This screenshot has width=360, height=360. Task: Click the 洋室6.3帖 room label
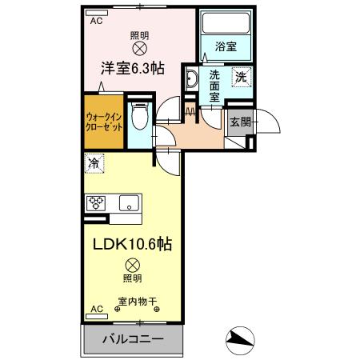[133, 69]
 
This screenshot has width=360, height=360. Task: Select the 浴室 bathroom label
[225, 46]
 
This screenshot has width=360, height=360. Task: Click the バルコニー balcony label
[133, 339]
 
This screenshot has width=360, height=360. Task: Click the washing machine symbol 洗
[241, 78]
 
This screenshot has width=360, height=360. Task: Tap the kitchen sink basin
[128, 202]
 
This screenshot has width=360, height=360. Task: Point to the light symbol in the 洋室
[139, 49]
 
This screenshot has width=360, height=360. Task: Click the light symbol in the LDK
[132, 263]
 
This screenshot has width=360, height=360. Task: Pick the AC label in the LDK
[96, 309]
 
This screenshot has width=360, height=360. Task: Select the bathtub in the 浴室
[225, 27]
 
